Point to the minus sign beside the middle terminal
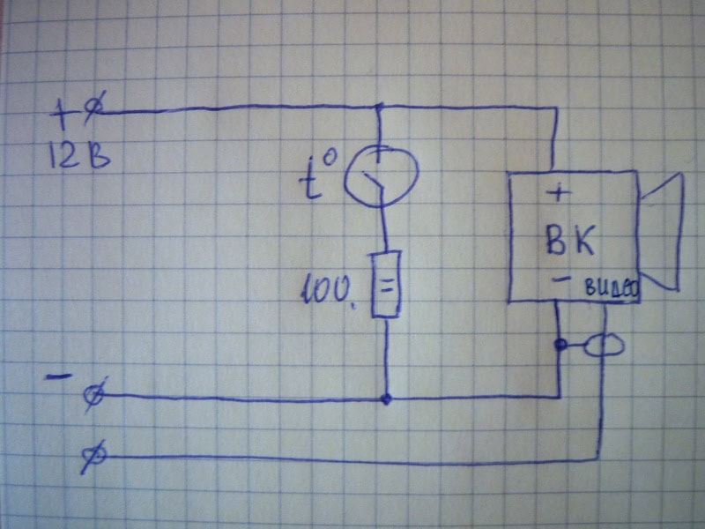click(58, 377)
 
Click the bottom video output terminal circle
click(93, 456)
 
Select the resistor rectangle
click(386, 283)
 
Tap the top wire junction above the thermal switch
click(380, 108)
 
